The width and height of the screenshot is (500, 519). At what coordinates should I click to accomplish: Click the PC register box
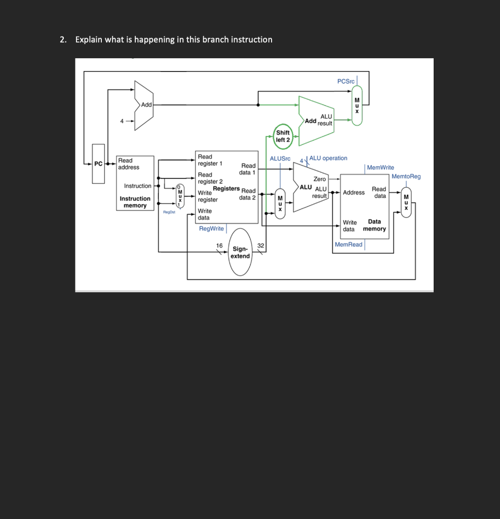point(98,164)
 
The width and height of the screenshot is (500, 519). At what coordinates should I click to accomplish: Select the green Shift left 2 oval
point(283,136)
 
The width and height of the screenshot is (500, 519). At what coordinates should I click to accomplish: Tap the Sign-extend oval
point(240,252)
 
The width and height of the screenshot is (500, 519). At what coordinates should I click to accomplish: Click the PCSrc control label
point(347,82)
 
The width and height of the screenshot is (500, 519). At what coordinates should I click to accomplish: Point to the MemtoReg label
point(406,176)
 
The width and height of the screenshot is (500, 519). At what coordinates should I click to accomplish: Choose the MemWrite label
point(380,167)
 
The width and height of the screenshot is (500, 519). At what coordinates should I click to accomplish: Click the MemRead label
point(349,245)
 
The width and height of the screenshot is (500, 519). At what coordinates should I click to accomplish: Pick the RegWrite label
point(211,229)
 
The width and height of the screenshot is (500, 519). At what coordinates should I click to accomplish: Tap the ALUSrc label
point(280,159)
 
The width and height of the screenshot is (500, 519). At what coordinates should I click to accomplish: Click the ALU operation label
point(328,158)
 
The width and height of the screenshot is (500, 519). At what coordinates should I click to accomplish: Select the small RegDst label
point(169,213)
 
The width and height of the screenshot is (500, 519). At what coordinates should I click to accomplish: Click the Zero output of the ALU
point(320,179)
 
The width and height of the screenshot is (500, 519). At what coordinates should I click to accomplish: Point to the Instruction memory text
point(135,202)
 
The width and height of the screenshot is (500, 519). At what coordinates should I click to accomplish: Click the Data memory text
point(374,225)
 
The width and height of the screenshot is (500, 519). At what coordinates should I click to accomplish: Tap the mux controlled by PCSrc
point(357,105)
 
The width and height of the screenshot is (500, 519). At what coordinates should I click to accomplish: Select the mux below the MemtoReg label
point(406,202)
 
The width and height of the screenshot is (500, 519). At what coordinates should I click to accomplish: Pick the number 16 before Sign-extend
point(219,245)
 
